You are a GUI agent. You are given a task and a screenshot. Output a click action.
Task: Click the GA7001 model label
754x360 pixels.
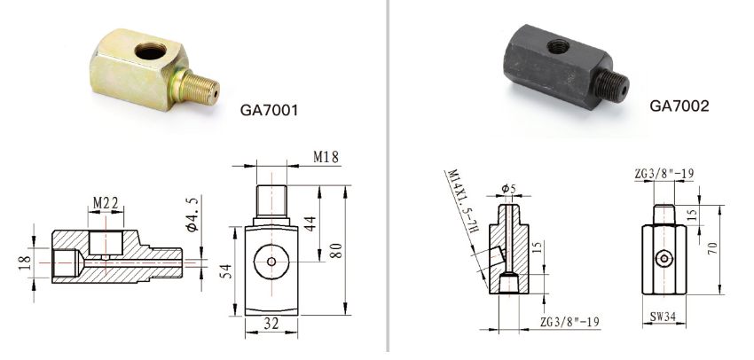pyautogui.click(x=269, y=112)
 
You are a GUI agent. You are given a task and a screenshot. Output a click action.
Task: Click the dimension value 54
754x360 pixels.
pyautogui.click(x=224, y=269)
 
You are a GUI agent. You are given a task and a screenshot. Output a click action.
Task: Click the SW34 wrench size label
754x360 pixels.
pyautogui.click(x=663, y=315)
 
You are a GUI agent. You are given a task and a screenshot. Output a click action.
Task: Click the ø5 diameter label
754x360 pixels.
pyautogui.click(x=507, y=188)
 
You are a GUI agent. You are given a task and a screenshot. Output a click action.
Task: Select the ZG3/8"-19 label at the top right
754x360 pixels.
pyautogui.click(x=664, y=173)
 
